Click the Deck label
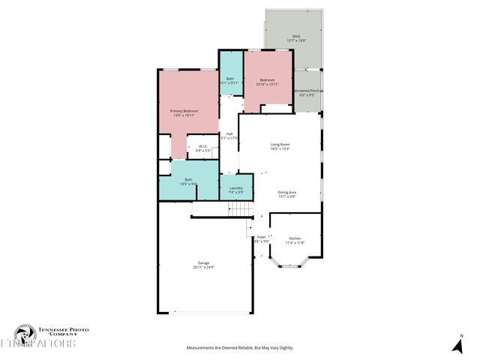[x=296, y=36]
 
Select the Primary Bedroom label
[x=184, y=110]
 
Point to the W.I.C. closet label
[x=202, y=146]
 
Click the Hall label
[x=229, y=133]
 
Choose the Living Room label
[x=280, y=144]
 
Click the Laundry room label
[x=235, y=188]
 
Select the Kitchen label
[x=295, y=238]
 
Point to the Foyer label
[x=261, y=237]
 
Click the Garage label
[x=203, y=262]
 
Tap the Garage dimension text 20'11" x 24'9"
[x=203, y=267]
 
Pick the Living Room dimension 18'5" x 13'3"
[x=280, y=148]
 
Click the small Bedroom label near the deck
[x=267, y=79]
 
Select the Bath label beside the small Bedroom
[x=229, y=78]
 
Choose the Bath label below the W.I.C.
[x=188, y=179]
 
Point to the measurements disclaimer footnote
[x=239, y=348]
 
